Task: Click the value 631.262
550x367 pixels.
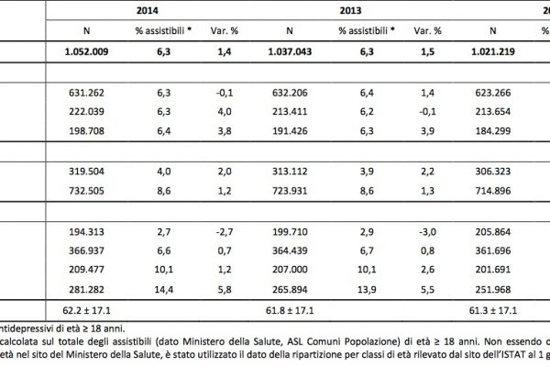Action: click(90, 92)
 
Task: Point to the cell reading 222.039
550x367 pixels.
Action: click(90, 109)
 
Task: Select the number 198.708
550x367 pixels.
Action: click(90, 127)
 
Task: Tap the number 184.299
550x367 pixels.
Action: click(511, 127)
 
